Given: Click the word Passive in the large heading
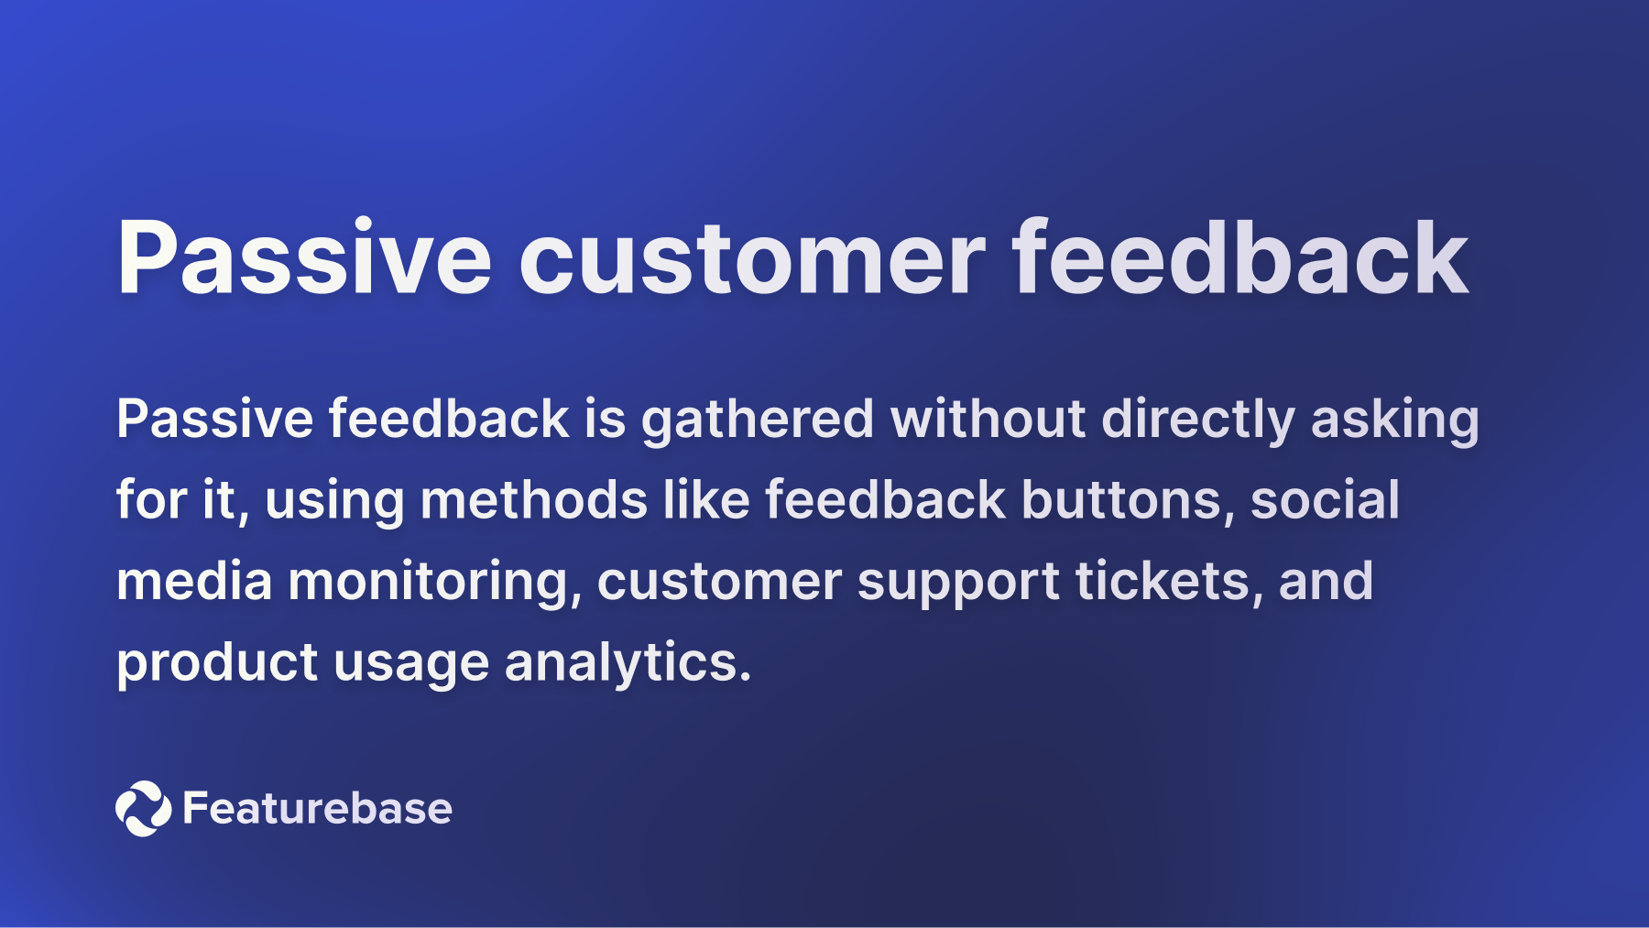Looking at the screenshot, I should pyautogui.click(x=304, y=258).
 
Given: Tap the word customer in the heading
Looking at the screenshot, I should pyautogui.click(x=751, y=258).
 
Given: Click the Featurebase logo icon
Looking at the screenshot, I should pyautogui.click(x=143, y=808).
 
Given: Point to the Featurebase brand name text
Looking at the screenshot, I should pyautogui.click(x=317, y=808).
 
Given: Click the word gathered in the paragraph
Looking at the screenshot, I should pyautogui.click(x=757, y=420).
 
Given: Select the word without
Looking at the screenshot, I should pyautogui.click(x=988, y=420).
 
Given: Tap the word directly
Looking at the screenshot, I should pyautogui.click(x=1197, y=420).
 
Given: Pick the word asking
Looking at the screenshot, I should pyautogui.click(x=1394, y=420).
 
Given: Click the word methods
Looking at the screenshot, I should pyautogui.click(x=533, y=501).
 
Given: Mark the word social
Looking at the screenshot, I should pyautogui.click(x=1325, y=501).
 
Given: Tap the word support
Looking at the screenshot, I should pyautogui.click(x=957, y=583).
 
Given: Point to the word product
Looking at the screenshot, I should pyautogui.click(x=216, y=663).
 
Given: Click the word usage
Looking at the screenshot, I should pyautogui.click(x=410, y=663).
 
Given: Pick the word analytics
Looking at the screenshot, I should pyautogui.click(x=627, y=663).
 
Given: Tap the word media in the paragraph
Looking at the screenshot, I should pyautogui.click(x=194, y=583).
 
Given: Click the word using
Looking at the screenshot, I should pyautogui.click(x=334, y=501).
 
